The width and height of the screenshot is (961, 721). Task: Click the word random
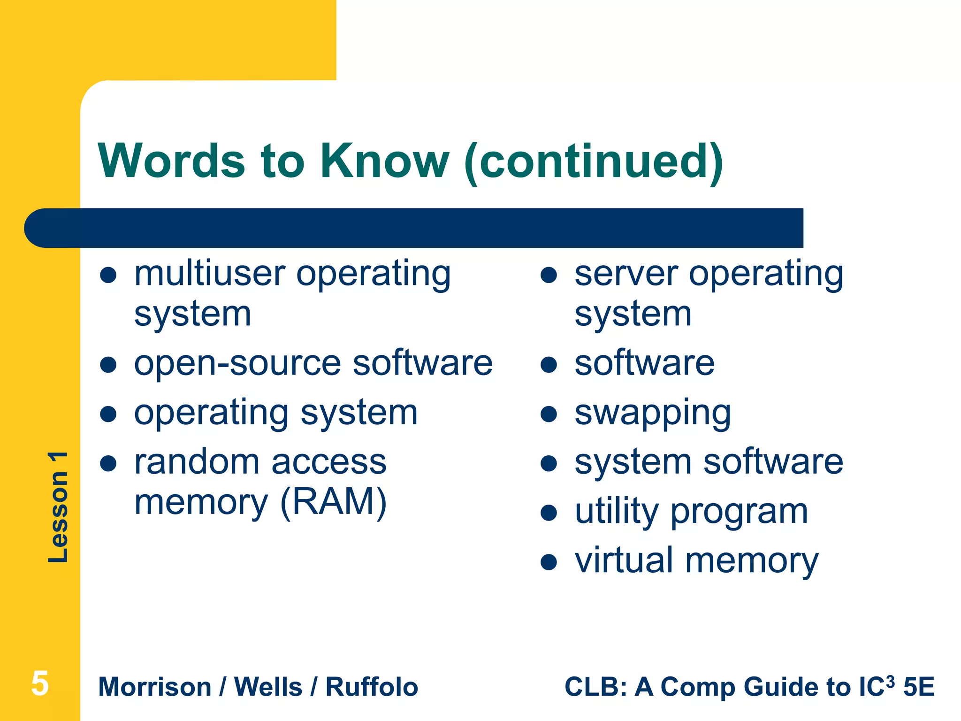click(196, 462)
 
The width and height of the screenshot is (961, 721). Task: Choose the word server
click(626, 274)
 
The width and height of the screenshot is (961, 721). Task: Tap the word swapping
click(653, 414)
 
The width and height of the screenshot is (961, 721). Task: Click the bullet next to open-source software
click(108, 364)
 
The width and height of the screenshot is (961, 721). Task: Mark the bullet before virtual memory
click(549, 562)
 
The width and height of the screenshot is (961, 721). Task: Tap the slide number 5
click(40, 684)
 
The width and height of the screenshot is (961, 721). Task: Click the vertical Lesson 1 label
click(58, 507)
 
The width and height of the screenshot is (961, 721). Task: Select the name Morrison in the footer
click(155, 687)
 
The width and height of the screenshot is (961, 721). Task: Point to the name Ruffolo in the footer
click(372, 687)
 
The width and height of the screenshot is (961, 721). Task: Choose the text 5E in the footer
click(919, 687)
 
